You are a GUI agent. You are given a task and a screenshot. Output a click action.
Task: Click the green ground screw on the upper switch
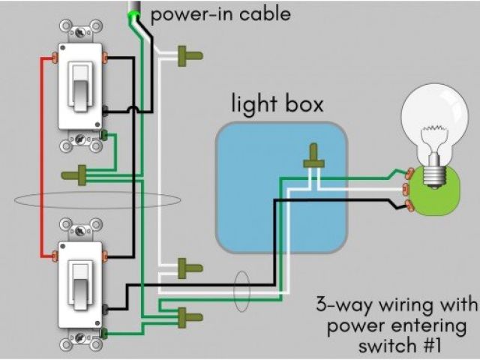point(104,136)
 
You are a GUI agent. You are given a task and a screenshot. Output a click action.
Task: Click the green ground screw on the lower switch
point(104,334)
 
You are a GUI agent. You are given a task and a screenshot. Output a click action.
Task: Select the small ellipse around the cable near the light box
point(242,287)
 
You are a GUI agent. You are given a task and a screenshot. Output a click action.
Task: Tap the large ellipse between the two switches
point(97,200)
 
